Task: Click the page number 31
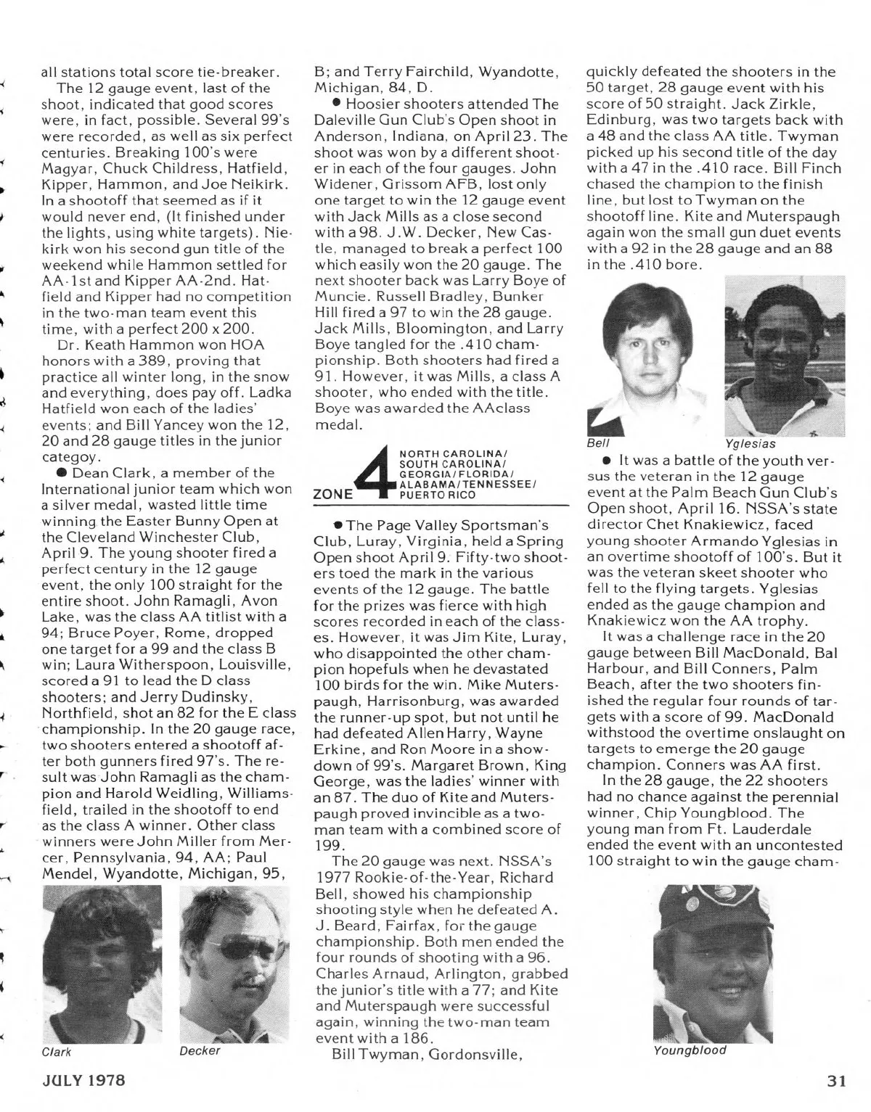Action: click(837, 1080)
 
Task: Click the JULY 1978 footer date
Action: click(82, 1080)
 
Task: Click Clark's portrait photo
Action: click(102, 965)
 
